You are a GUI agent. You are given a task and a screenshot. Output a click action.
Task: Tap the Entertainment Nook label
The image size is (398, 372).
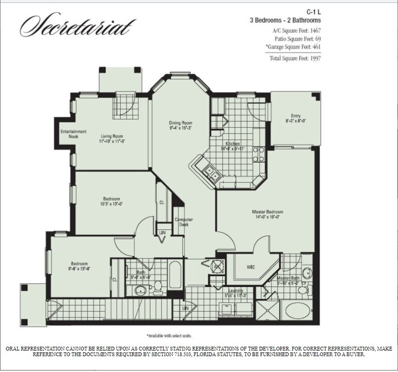[73, 134]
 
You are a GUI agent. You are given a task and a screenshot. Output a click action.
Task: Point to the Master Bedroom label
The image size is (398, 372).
[267, 212]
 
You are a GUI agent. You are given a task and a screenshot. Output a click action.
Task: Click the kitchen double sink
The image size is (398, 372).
[210, 172]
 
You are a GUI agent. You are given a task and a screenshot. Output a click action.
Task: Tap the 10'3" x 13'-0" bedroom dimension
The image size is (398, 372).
[112, 204]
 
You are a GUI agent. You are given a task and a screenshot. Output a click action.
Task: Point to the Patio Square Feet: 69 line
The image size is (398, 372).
[305, 39]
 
